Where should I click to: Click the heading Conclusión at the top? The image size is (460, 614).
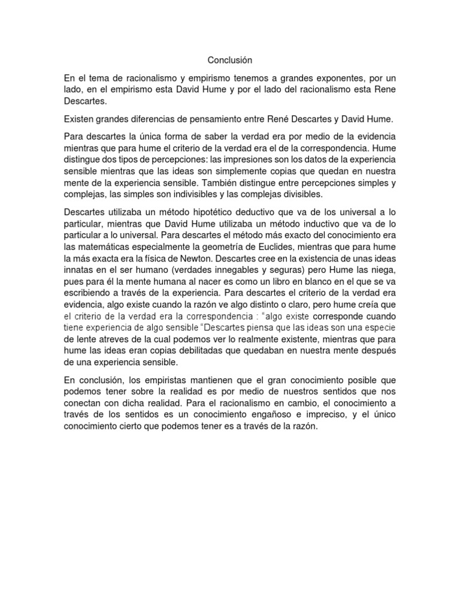tap(230, 60)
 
